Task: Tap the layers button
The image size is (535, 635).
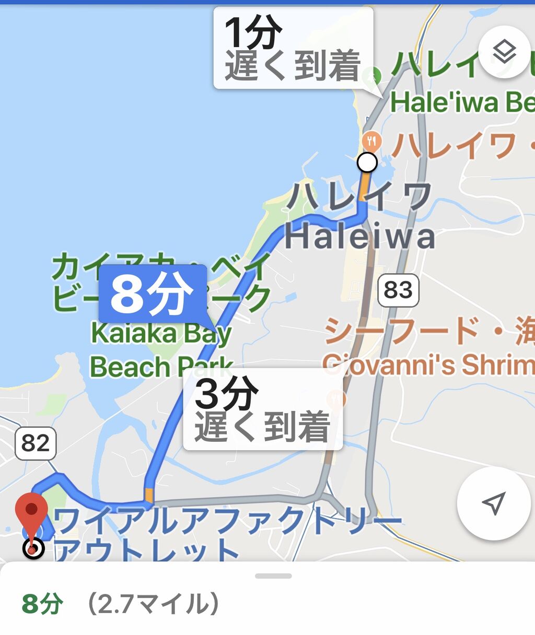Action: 504,51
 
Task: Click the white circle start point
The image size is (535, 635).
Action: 367,162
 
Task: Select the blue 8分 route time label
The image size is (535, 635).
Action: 152,293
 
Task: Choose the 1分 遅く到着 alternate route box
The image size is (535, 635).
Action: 293,49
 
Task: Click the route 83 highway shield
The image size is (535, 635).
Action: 398,290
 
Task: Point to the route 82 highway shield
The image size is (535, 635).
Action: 36,443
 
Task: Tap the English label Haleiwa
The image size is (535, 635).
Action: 359,237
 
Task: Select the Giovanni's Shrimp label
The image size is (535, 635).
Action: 428,364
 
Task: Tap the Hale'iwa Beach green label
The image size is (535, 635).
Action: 462,103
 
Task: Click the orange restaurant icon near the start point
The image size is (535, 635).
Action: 371,140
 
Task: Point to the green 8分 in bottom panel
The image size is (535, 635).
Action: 42,604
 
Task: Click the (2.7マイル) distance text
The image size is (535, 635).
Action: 153,604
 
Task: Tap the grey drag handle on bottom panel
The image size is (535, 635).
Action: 273,576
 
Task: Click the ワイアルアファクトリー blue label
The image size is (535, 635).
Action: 227,521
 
